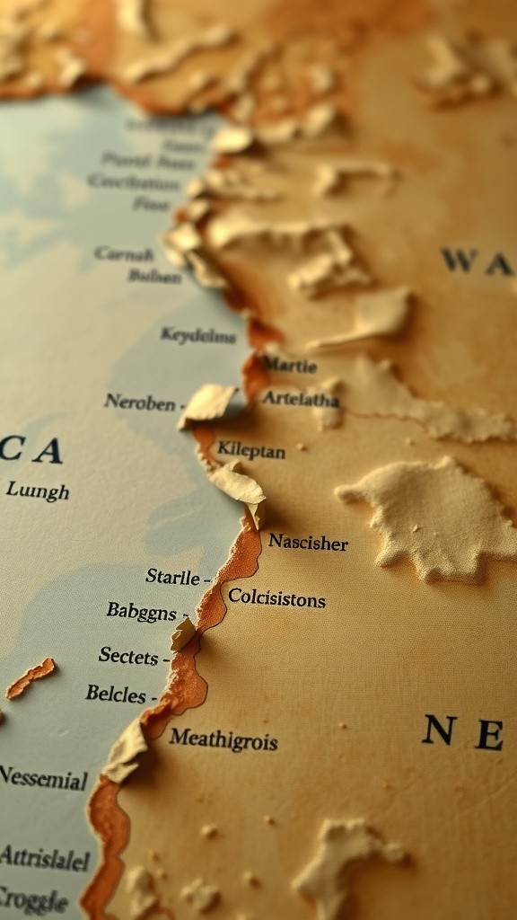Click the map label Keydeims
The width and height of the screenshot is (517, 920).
pos(198,335)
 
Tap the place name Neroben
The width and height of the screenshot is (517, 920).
pos(140,402)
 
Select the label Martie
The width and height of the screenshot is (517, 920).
pos(289,366)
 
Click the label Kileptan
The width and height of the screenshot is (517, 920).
pos(251,450)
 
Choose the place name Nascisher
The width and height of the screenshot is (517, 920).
pos(308,542)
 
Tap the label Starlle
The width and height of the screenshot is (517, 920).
pos(172,576)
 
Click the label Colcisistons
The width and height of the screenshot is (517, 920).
pos(276,597)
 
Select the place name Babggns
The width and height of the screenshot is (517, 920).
pos(141,611)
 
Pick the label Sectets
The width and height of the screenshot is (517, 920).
pos(128,656)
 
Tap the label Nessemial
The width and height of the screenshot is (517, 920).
pos(43,777)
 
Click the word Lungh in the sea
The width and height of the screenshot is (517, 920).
pos(37,491)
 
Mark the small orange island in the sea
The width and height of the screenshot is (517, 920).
pos(31,677)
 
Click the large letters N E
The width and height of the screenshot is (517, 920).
pos(463,732)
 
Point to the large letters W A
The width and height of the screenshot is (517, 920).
pos(477,261)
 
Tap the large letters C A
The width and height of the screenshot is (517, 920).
pos(31,449)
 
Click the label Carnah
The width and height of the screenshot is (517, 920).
pos(124,253)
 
